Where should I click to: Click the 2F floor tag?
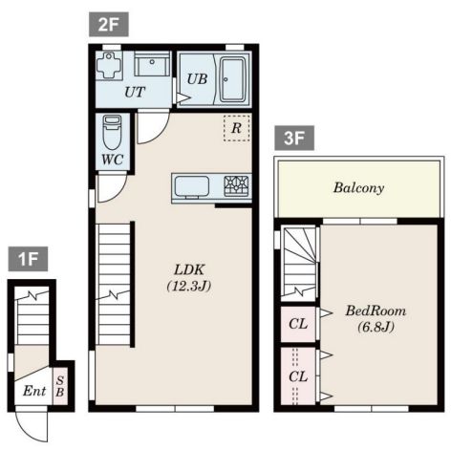(109, 24)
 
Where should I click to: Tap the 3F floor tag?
(294, 138)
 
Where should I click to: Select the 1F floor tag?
(28, 259)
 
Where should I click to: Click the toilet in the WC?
(112, 132)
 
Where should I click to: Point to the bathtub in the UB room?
(233, 79)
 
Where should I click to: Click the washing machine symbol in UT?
(109, 65)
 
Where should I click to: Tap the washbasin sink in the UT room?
(152, 63)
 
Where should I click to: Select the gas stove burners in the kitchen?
(236, 185)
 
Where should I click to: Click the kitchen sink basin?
(192, 186)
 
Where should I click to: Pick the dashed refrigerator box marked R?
(237, 128)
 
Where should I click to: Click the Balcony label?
(358, 188)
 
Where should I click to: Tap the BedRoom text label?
(376, 311)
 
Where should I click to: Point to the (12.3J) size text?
(189, 286)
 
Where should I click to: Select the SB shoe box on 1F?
(60, 386)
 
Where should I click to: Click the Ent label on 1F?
(34, 391)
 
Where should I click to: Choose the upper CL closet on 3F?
(298, 324)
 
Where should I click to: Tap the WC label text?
(113, 160)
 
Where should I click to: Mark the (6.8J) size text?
(376, 327)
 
